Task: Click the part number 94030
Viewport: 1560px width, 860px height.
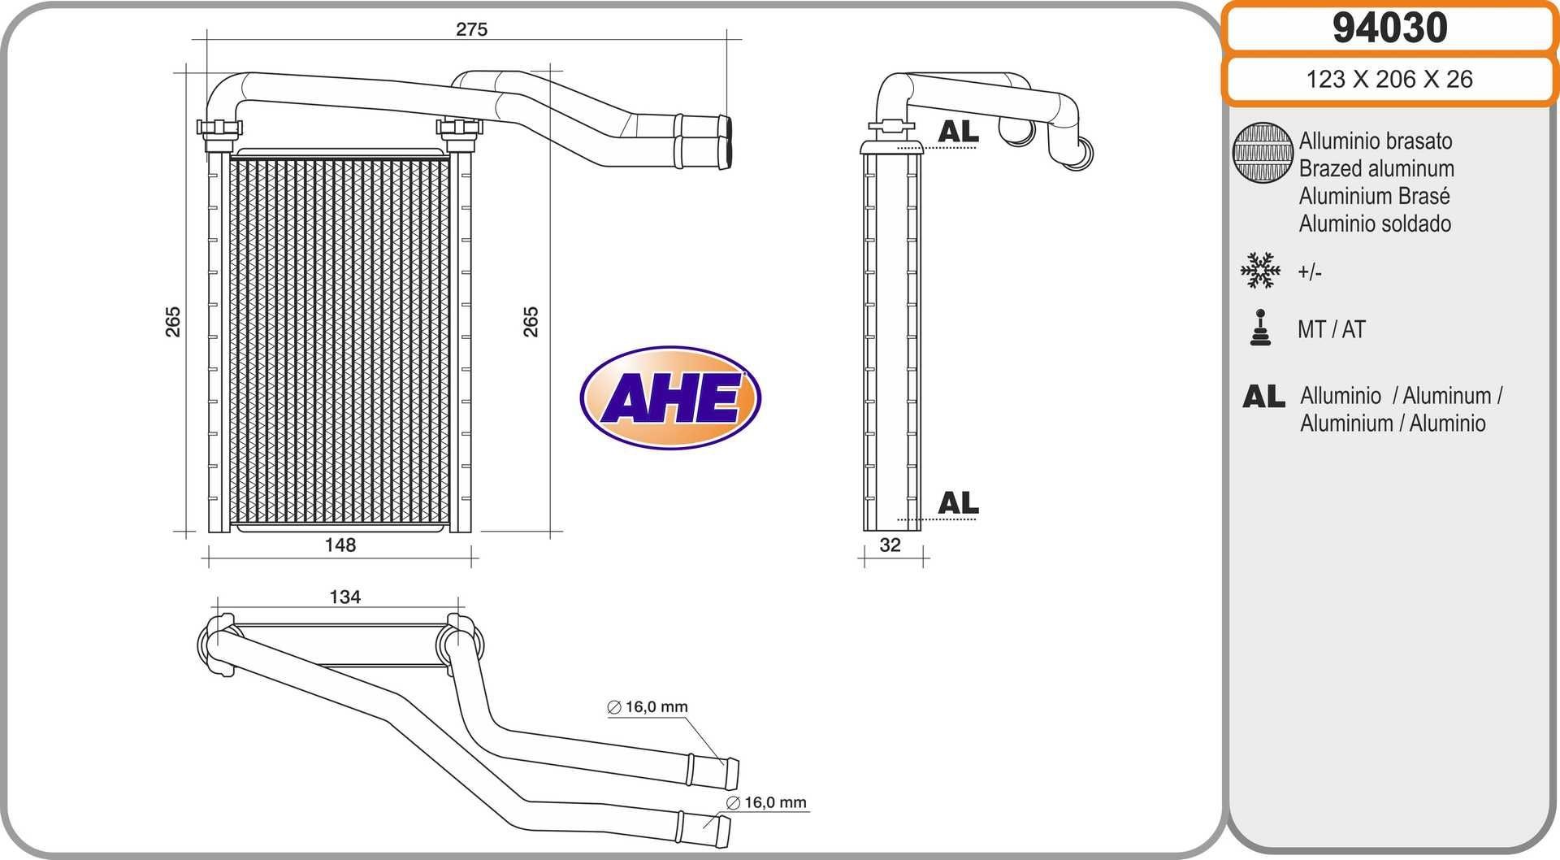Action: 1389,28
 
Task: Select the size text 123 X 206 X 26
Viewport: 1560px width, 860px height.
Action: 1389,79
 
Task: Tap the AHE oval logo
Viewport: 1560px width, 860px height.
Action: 670,397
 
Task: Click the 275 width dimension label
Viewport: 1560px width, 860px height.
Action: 471,29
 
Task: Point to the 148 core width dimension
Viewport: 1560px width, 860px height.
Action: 340,545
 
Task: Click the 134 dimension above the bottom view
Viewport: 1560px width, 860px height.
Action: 344,597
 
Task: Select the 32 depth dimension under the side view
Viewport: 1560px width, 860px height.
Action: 890,545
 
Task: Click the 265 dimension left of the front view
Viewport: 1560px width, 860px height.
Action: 172,322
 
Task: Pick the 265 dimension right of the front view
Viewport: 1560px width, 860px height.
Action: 530,322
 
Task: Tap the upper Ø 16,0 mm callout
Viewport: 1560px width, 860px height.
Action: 648,707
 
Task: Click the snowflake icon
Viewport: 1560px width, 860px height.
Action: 1260,271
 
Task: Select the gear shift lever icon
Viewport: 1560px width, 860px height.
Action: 1260,328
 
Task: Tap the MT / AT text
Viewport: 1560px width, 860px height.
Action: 1331,329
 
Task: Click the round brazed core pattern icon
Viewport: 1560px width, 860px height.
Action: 1262,152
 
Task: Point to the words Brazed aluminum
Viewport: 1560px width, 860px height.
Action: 1376,168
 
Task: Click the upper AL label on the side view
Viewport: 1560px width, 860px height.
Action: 958,132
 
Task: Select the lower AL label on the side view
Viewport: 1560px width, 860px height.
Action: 958,503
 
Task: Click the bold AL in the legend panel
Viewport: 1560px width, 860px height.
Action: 1263,397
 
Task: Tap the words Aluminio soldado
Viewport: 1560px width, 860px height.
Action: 1375,224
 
